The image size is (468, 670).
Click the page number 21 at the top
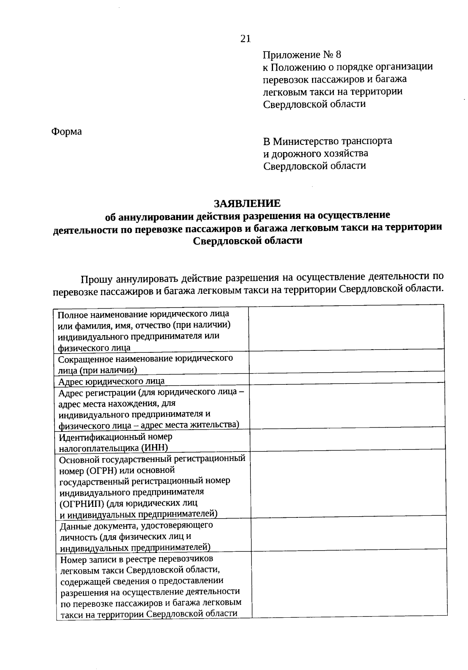pos(245,39)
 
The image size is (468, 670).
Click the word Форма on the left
pos(67,132)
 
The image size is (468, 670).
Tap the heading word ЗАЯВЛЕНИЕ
pos(247,203)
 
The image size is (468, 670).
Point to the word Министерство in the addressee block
pos(305,141)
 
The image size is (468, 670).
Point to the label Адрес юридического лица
pos(112,381)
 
